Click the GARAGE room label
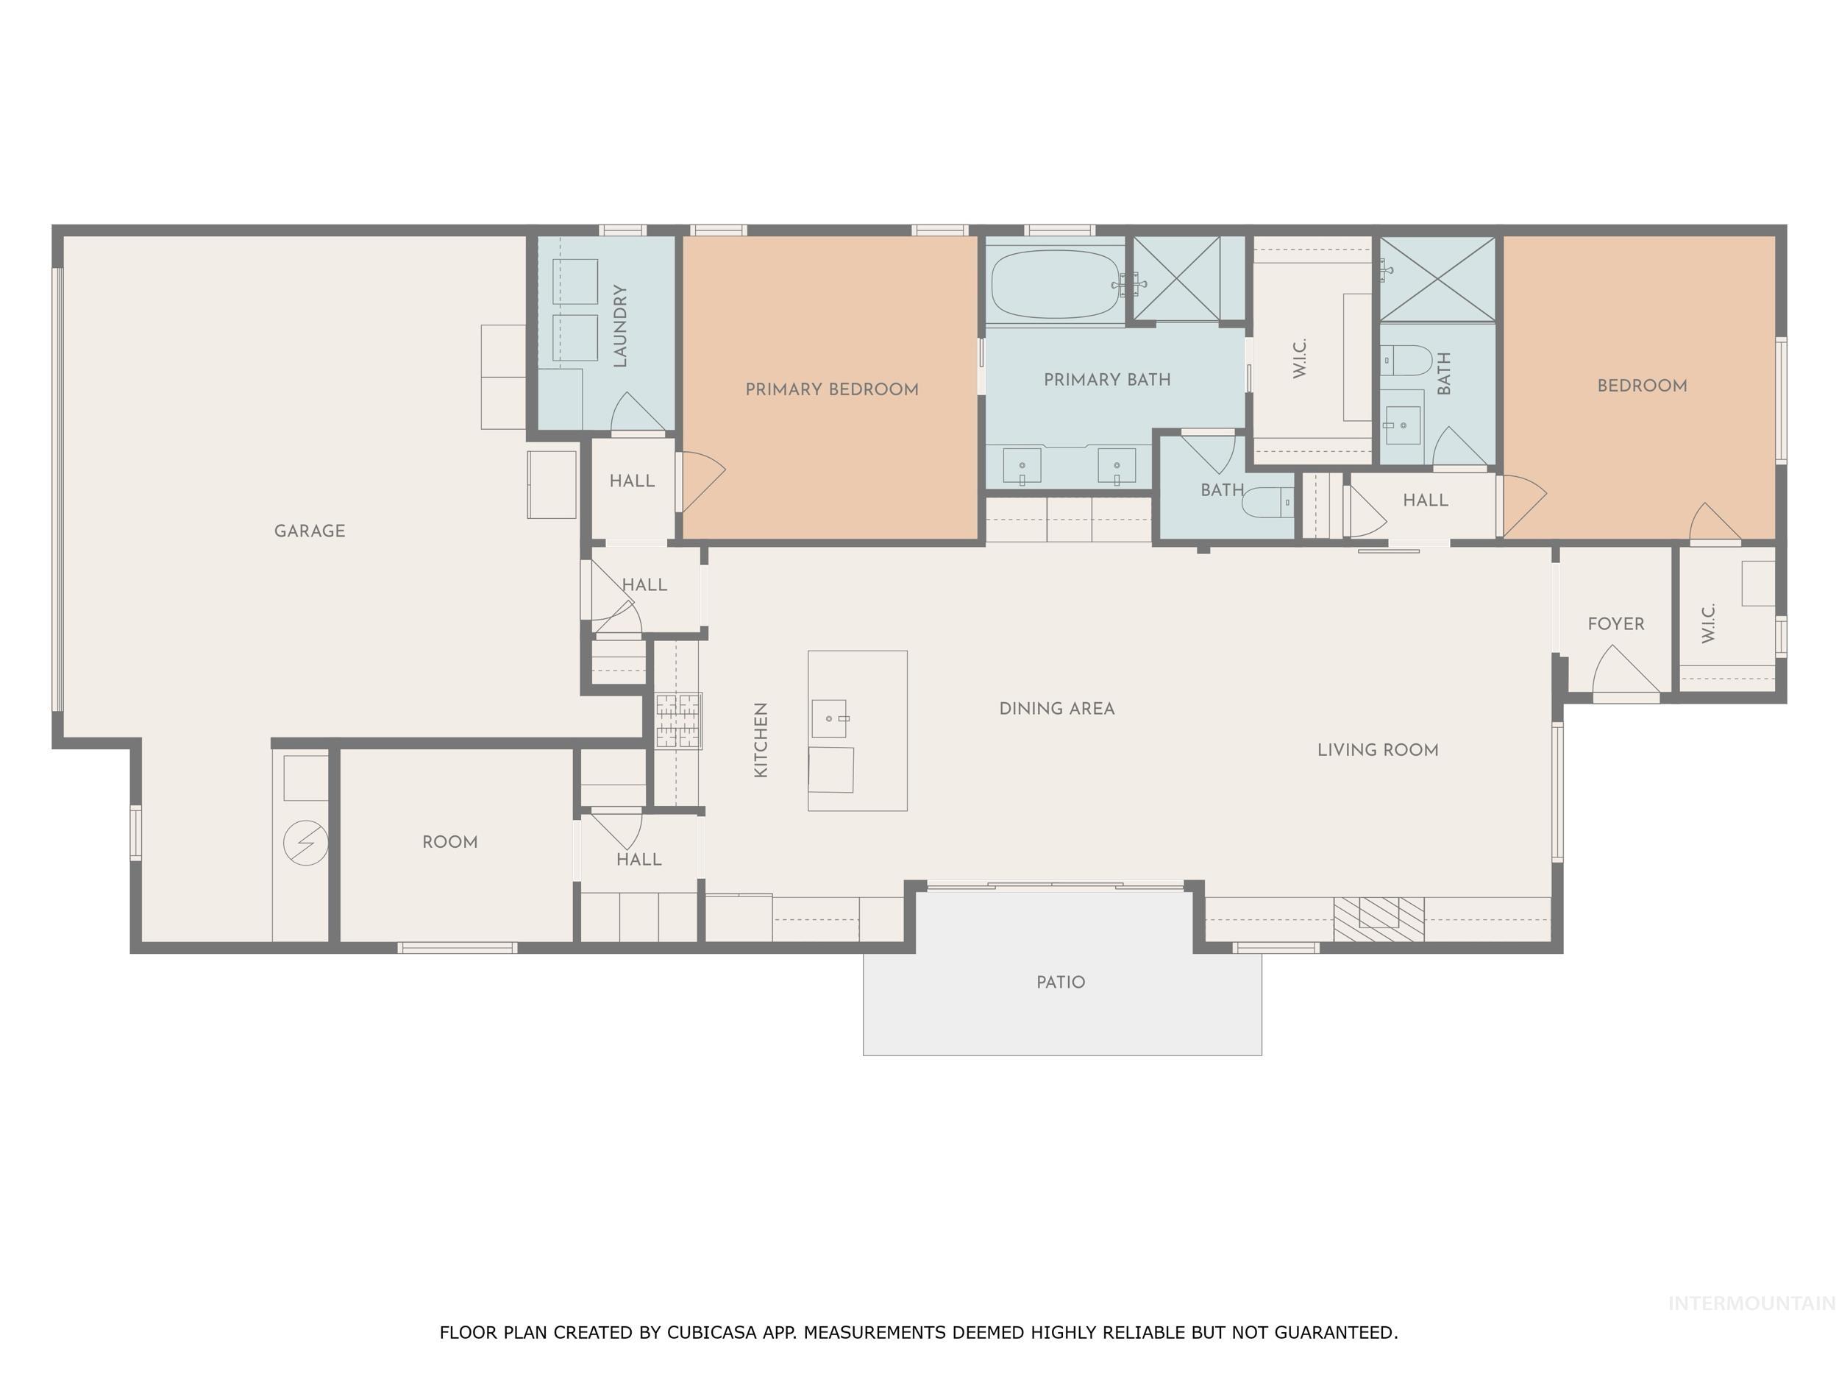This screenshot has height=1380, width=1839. point(309,531)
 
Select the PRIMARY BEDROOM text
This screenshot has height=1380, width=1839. point(831,389)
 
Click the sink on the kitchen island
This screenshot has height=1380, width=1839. point(829,718)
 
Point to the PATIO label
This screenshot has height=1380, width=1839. point(1060,983)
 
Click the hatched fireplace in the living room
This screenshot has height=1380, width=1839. point(1379,919)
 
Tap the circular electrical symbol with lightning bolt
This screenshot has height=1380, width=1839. point(305,843)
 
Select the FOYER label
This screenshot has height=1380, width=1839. point(1615,624)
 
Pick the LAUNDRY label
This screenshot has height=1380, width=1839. point(620,325)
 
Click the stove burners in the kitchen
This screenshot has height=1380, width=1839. point(678,721)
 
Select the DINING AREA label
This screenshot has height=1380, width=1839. point(1056,709)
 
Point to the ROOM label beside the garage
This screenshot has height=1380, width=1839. point(449,842)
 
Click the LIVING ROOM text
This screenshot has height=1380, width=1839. point(1378,750)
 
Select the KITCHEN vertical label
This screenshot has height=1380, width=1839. point(761,740)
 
